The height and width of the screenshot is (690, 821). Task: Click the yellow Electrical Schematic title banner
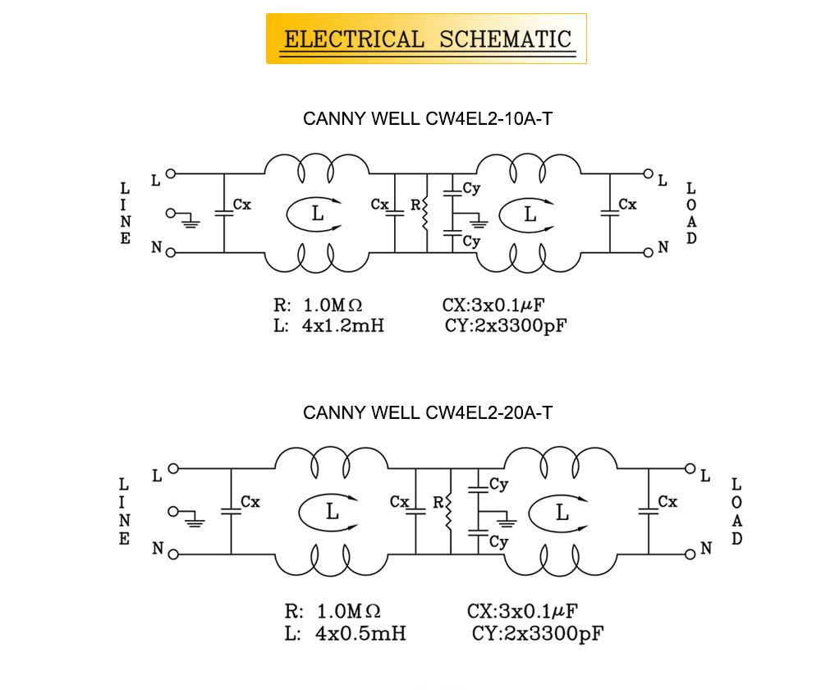coord(426,39)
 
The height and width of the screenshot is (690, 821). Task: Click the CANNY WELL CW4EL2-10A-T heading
coord(428,118)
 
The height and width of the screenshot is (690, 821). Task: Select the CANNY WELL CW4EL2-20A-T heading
coord(428,412)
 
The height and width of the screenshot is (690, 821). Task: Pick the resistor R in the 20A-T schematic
coord(449,512)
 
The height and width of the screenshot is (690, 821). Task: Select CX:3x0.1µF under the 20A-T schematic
coord(523,612)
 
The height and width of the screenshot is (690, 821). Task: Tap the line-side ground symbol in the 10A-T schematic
coord(189,219)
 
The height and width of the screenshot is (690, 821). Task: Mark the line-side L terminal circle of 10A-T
coord(171,173)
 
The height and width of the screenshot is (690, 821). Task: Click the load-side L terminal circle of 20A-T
coord(690,468)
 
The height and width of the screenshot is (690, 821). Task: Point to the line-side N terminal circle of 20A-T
coord(173,554)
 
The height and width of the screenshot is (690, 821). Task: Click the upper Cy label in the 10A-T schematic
coord(470,188)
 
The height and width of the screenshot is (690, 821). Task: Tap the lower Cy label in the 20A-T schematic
coord(498,542)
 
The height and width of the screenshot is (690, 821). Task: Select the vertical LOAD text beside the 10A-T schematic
coord(691,214)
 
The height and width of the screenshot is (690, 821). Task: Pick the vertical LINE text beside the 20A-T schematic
coord(125,513)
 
